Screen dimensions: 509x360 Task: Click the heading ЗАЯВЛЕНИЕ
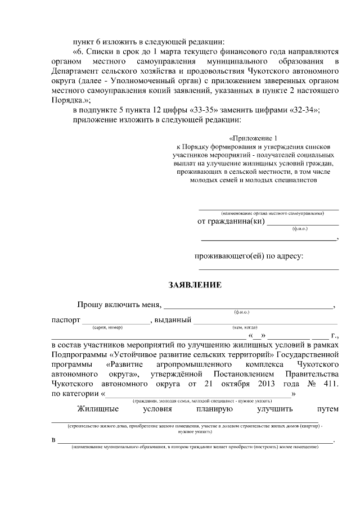click(195, 285)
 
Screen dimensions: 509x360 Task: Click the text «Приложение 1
click(254, 138)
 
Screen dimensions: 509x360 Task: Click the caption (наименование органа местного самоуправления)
click(272, 214)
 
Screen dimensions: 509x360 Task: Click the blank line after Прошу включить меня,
click(248, 307)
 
